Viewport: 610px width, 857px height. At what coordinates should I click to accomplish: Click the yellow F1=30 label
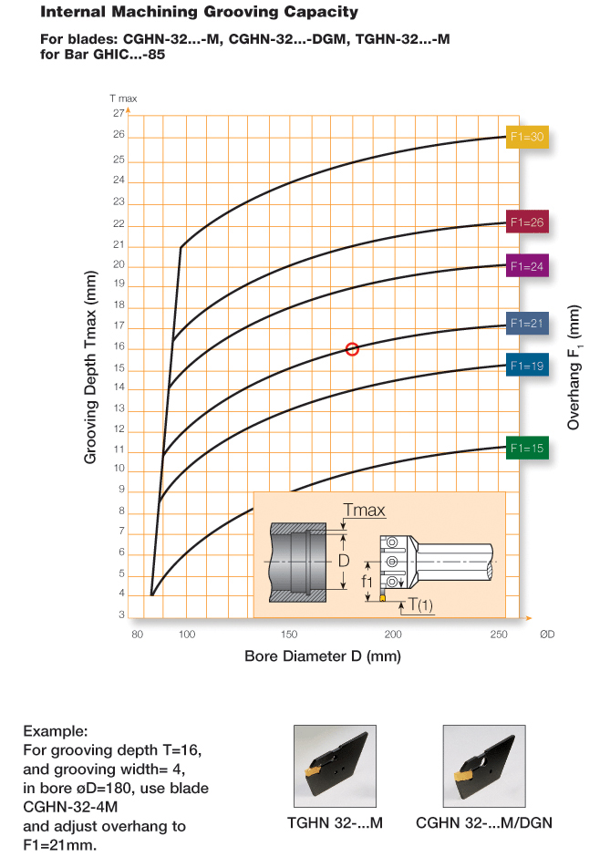click(527, 137)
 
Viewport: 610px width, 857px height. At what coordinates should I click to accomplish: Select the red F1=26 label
click(527, 222)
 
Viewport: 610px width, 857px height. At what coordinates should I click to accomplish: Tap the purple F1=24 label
click(527, 266)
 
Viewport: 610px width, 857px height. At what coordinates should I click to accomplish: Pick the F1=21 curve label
click(527, 323)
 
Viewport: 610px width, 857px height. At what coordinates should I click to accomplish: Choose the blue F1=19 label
click(527, 366)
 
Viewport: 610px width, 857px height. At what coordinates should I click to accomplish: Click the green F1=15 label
click(527, 449)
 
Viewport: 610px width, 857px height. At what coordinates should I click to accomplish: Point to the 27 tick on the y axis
click(119, 113)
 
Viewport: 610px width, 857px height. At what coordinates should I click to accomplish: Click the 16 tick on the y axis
click(119, 346)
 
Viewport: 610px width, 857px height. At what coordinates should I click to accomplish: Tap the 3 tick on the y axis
click(122, 614)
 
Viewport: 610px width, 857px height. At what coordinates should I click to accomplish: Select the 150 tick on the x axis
click(289, 634)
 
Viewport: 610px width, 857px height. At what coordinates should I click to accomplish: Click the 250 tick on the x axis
click(499, 634)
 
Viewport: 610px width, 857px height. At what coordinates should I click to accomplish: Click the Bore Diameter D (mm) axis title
click(323, 656)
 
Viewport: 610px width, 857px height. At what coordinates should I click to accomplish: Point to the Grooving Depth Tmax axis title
click(90, 367)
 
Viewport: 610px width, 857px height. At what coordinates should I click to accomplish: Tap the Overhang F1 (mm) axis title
click(574, 367)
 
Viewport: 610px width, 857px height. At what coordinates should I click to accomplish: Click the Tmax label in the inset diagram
click(364, 510)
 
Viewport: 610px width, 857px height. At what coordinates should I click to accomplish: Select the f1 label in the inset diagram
click(367, 581)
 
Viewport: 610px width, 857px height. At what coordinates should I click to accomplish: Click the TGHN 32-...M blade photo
click(335, 766)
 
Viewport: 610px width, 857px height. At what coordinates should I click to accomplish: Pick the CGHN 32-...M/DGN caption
click(484, 822)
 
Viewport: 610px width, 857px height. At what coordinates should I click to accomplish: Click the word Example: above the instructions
click(56, 731)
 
